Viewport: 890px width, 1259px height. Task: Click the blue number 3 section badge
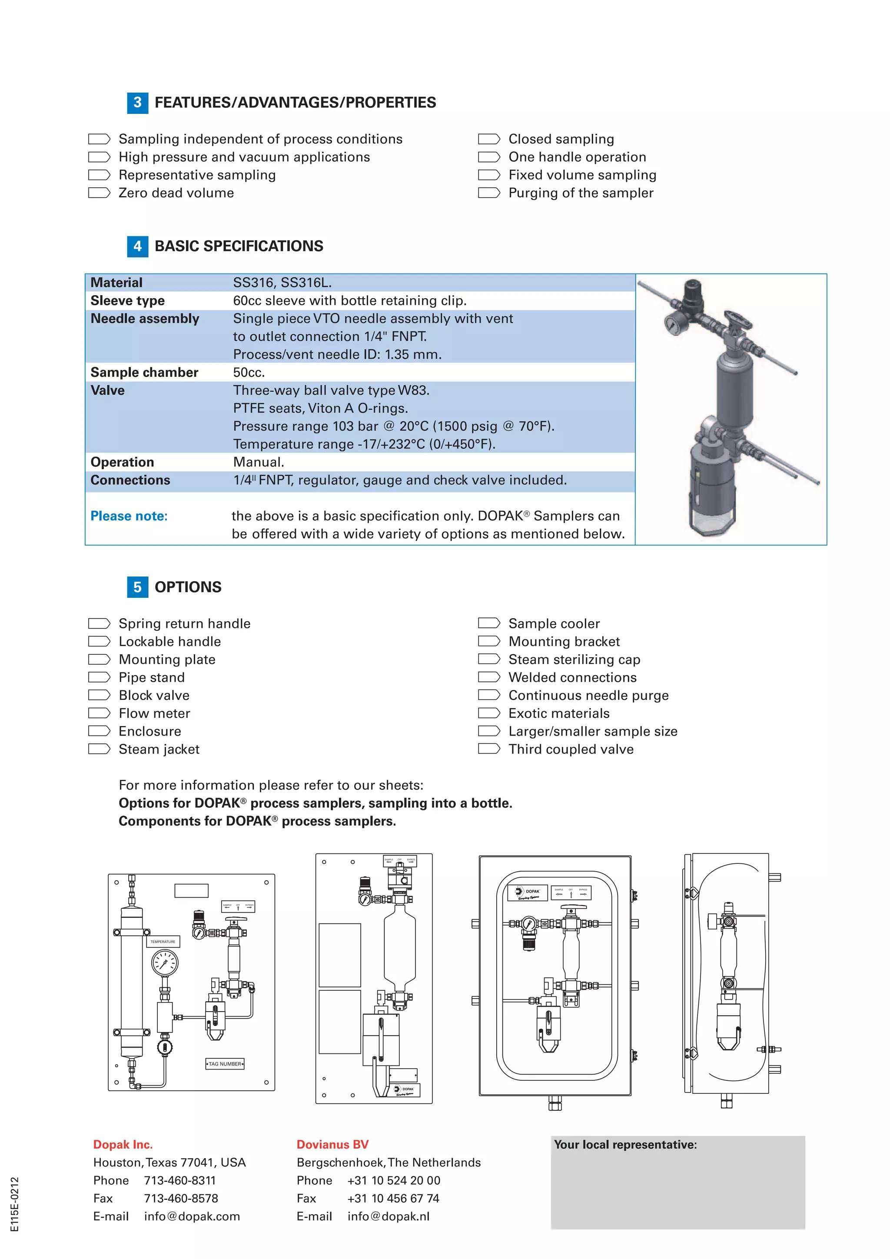coord(138,103)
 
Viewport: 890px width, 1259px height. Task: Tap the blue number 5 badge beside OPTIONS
coord(138,587)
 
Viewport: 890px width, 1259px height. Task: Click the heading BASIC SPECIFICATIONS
coord(239,246)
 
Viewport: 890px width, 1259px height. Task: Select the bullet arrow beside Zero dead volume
coord(99,193)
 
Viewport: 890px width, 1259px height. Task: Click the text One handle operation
coord(577,157)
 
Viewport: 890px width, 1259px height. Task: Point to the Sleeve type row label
coord(127,301)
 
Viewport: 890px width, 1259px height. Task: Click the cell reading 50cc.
coord(249,372)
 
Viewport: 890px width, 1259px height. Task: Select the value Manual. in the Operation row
coord(259,462)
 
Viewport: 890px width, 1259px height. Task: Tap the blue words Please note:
coord(129,516)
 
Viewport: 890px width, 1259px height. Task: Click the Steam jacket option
coord(159,749)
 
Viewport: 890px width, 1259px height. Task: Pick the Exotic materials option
coord(558,713)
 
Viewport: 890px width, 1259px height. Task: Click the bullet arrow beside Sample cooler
coord(489,623)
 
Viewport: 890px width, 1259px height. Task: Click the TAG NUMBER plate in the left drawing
coord(225,1064)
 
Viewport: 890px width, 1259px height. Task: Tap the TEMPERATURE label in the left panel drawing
coord(163,942)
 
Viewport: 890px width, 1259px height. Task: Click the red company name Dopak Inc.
coord(123,1144)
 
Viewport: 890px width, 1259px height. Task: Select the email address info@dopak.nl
coord(388,1216)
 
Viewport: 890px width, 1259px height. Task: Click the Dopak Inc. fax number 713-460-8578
coord(181,1198)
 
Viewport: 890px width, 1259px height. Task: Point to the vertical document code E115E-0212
coord(15,1204)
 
